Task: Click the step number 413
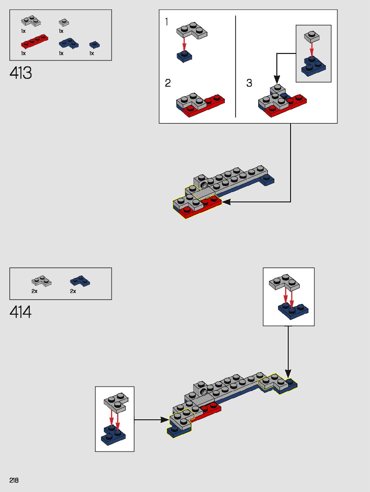pos(21,73)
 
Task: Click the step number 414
pos(21,312)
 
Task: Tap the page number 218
pos(14,480)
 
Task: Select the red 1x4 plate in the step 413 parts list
pos(34,41)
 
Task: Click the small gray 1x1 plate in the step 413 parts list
pos(64,22)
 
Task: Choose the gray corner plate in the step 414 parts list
pos(41,281)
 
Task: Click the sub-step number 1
pos(166,22)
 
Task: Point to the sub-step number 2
pos(168,83)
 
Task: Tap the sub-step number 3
pos(249,83)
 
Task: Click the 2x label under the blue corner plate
pos(73,291)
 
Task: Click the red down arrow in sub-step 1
pos(184,44)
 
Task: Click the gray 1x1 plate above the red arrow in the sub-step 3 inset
pos(311,37)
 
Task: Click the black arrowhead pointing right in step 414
pos(165,420)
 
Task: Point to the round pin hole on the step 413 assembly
pos(204,185)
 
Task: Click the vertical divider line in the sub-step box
pos(235,66)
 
